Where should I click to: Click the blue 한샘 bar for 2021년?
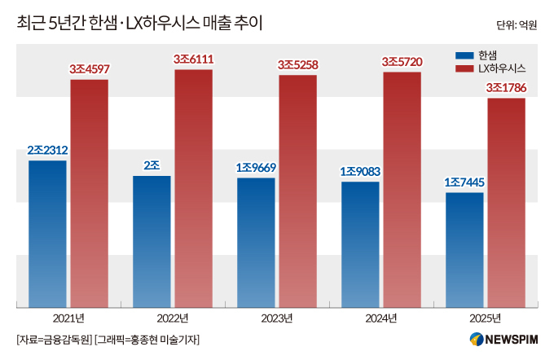coord(47,235)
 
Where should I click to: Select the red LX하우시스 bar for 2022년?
coord(192,189)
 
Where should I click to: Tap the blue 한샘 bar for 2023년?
coord(256,243)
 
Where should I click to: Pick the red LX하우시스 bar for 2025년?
coord(506,204)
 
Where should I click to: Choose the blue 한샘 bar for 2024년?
coord(360,245)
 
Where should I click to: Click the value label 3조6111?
coord(192,59)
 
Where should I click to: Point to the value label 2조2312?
coord(47,150)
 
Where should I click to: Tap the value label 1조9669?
coord(256,167)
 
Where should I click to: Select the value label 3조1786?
coord(506,87)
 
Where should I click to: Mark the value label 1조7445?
coord(464,182)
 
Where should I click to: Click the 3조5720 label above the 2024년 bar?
coord(402,62)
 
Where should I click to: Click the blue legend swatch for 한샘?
coord(464,55)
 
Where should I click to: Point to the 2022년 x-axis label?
coord(172,317)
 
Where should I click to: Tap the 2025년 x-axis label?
coord(485,317)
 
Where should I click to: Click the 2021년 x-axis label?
coord(68,317)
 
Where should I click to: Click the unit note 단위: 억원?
coord(517,25)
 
